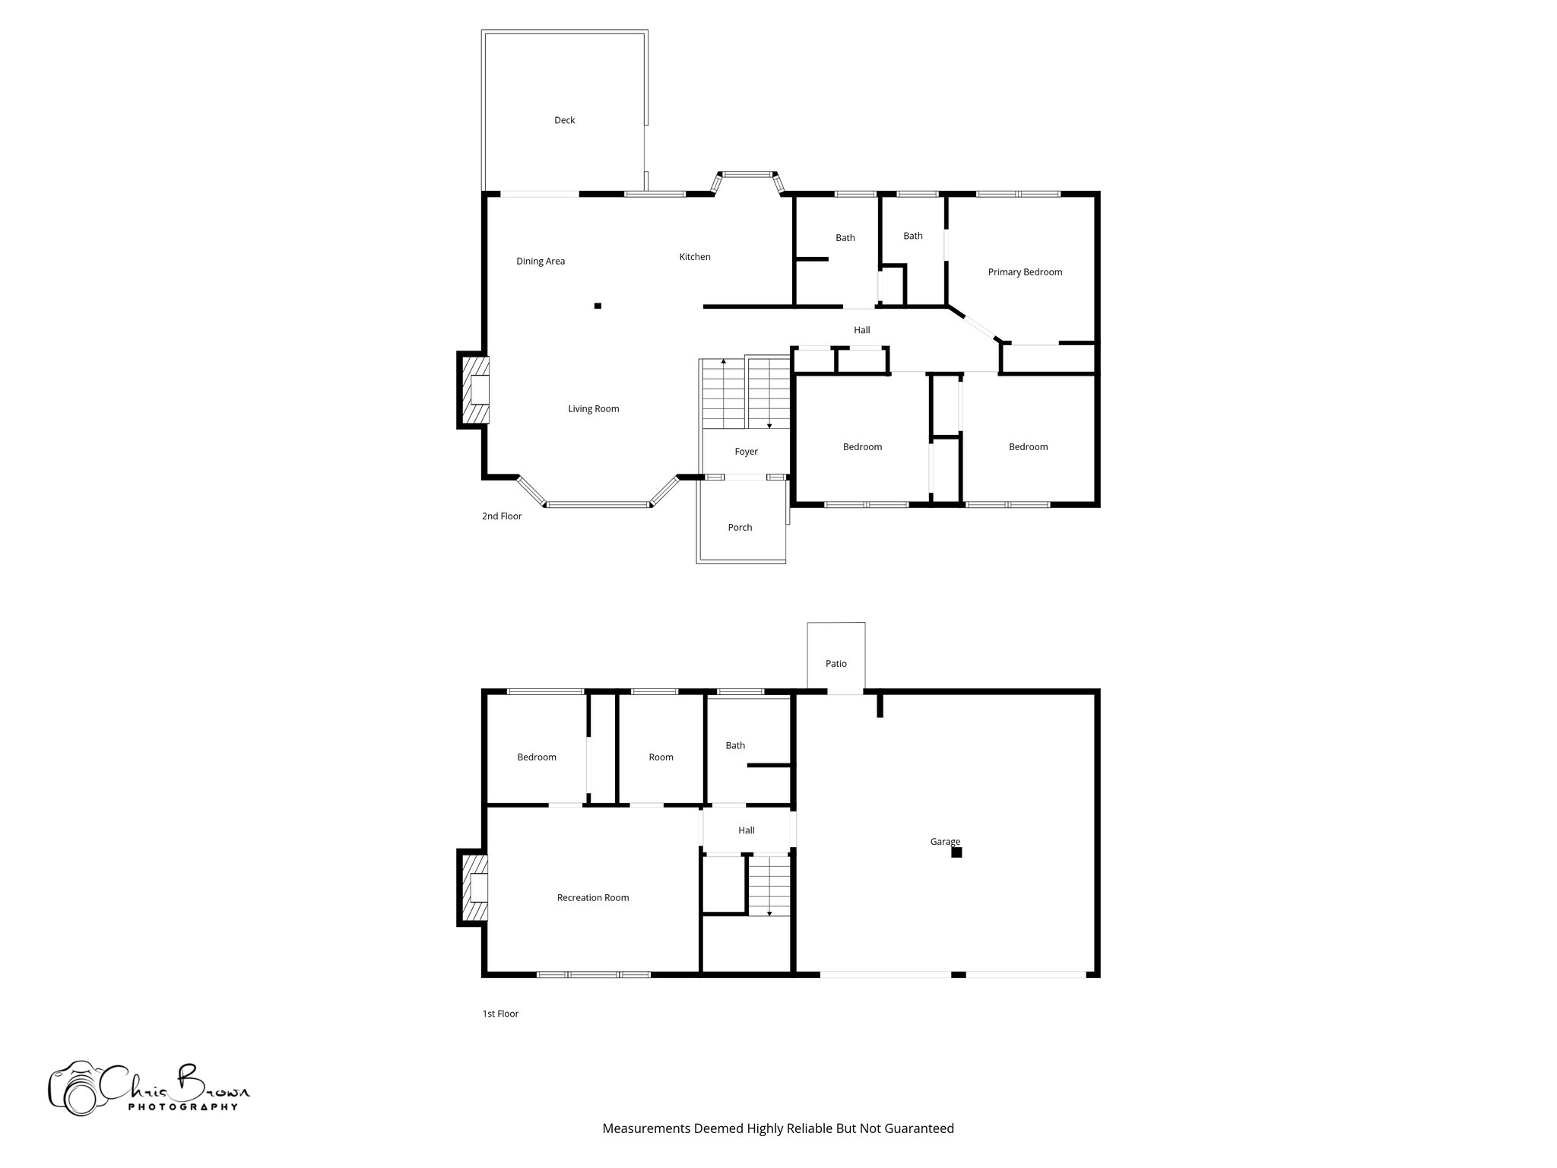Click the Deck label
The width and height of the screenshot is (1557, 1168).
[x=564, y=120]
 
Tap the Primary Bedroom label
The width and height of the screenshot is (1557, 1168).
[x=1025, y=272]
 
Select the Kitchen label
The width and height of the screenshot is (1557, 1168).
[x=694, y=257]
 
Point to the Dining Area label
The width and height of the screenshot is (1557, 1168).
[x=541, y=262]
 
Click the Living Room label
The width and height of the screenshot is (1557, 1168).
[x=593, y=409]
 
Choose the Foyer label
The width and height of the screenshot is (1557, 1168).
[x=746, y=452]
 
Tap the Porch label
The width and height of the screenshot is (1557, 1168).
[x=740, y=528]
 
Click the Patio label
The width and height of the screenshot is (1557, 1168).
[x=836, y=664]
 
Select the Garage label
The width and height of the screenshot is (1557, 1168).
[x=944, y=841]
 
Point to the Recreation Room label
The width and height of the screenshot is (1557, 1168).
[x=592, y=898]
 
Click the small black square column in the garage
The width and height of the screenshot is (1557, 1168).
[x=956, y=852]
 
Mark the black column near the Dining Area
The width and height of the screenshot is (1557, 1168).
[x=598, y=306]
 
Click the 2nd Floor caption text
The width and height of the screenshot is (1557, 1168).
[x=502, y=516]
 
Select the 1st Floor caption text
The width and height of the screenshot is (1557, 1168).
[x=500, y=1014]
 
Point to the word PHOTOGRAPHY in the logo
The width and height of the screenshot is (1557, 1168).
[x=182, y=1106]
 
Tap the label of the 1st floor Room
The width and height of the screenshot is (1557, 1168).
[x=661, y=757]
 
